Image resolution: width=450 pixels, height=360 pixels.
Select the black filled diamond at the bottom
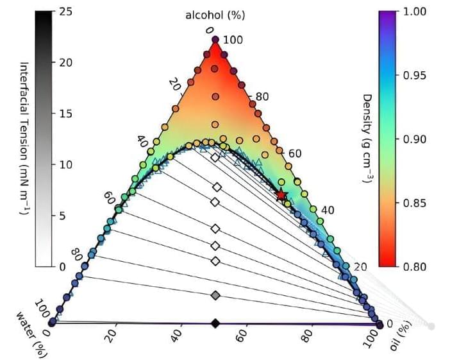coord(215,323)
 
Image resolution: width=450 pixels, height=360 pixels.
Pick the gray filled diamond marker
coord(215,295)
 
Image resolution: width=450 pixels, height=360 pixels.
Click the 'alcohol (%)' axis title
coord(215,13)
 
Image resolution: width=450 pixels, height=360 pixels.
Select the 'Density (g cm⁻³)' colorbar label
coord(368,139)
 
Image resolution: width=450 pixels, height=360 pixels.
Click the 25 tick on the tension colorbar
coord(65,12)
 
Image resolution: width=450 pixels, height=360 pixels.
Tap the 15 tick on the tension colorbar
coord(65,114)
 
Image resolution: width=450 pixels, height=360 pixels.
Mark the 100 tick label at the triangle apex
coord(233,40)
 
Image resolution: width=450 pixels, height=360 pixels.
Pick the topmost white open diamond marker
coord(215,158)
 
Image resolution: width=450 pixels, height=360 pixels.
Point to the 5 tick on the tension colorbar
coord(62,215)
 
